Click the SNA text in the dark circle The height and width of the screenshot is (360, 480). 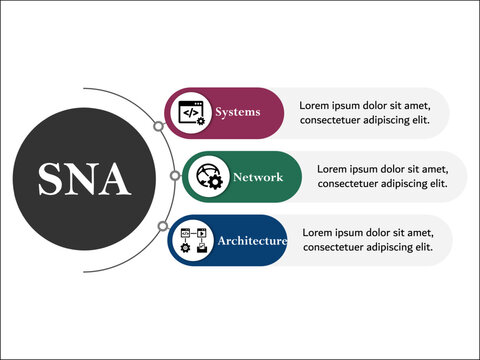click(x=84, y=179)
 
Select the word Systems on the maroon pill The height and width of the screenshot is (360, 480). click(x=237, y=112)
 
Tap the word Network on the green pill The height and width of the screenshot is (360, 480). click(x=257, y=177)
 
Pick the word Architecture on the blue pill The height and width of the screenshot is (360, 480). click(x=252, y=241)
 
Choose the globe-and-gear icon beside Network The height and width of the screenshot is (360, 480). click(x=210, y=177)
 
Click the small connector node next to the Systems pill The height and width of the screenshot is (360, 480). click(x=158, y=127)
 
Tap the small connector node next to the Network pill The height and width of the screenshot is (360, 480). click(x=175, y=176)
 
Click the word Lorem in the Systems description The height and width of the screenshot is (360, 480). click(x=317, y=105)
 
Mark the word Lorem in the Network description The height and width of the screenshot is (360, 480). click(x=334, y=169)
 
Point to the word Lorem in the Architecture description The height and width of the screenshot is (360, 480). click(x=319, y=233)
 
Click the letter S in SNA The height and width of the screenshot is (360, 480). click(x=51, y=179)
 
